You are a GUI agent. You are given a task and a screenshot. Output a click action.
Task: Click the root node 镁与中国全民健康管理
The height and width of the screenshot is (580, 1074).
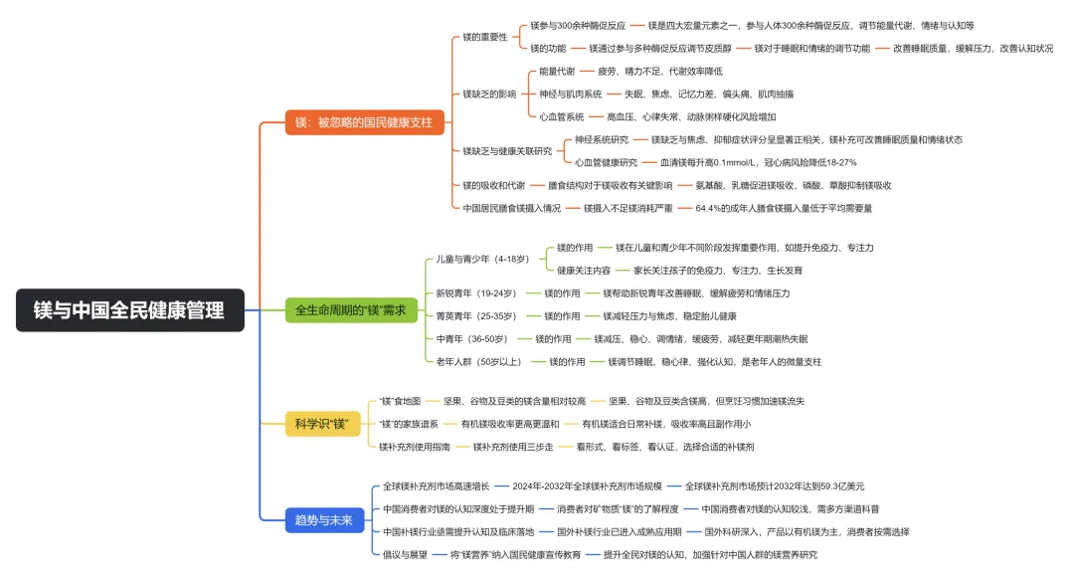coord(129,310)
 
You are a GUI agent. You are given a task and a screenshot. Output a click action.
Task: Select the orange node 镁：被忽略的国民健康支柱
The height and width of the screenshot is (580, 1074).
coord(364,122)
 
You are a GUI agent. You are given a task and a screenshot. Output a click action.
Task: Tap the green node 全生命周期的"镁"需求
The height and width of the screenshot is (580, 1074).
coord(351,310)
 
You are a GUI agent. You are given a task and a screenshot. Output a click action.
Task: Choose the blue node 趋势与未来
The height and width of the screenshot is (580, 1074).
coord(323,519)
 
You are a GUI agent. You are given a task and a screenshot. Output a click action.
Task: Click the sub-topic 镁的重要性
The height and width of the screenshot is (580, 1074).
coord(485,37)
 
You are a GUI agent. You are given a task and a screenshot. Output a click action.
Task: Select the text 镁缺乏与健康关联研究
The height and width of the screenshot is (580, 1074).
coord(507,151)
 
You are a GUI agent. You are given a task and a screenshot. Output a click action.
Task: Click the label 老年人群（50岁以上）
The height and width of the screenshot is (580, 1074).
coord(482,362)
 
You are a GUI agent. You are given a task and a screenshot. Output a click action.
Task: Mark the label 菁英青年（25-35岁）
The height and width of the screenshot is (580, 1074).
coord(476,316)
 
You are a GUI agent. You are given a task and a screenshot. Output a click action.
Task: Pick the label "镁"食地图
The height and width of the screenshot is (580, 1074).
coord(401,401)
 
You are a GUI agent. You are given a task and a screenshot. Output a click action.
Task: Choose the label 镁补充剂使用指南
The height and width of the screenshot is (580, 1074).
coord(413,447)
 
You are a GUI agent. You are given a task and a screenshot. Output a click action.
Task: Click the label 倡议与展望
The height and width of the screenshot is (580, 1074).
coord(405,554)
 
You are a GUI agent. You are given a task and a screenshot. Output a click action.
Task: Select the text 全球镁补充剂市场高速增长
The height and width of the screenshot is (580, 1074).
coord(437,486)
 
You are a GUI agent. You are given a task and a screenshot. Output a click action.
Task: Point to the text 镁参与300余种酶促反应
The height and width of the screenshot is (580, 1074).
coord(578,25)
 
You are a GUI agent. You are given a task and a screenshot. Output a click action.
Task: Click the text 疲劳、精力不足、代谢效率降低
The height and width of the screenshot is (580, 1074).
coord(659,72)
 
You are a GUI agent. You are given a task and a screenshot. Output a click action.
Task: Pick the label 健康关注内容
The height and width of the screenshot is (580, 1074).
coord(584,270)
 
